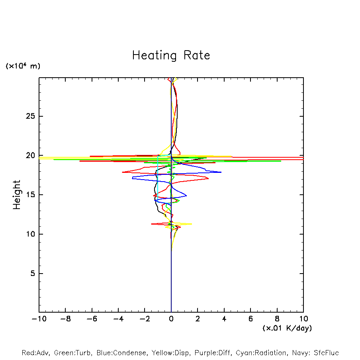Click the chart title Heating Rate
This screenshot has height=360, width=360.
[171, 55]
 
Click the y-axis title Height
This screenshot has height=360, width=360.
[17, 195]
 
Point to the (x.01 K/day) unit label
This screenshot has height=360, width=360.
[287, 328]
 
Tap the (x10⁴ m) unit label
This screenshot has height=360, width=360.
[23, 66]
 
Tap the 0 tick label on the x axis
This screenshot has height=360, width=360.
[171, 319]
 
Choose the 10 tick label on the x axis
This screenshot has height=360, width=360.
[303, 319]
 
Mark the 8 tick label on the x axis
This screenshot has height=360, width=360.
[277, 319]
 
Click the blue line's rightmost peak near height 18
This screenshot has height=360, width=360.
[221, 172]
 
